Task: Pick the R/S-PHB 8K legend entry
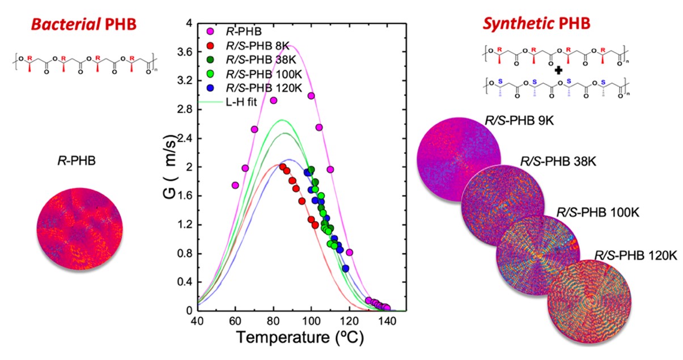(x=248, y=46)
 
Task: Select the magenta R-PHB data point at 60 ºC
(x=235, y=185)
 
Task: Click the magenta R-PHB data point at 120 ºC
(x=350, y=252)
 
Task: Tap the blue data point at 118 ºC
(x=346, y=268)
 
